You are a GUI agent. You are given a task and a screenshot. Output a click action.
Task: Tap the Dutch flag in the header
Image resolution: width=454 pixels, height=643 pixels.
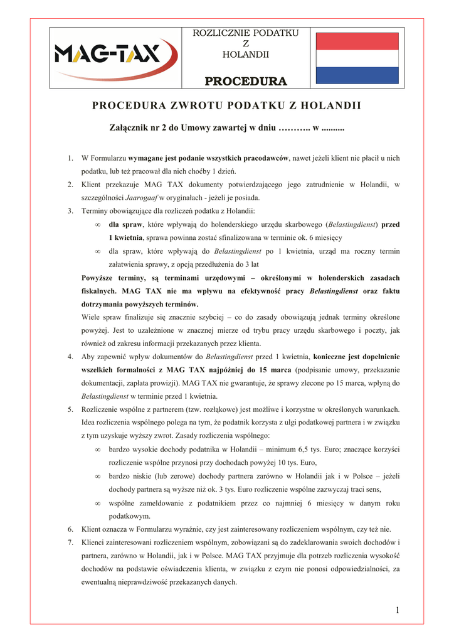357,57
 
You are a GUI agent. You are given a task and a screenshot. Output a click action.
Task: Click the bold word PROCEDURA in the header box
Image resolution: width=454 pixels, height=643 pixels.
245,82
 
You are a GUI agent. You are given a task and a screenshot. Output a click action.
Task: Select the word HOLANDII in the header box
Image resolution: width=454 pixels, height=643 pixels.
245,55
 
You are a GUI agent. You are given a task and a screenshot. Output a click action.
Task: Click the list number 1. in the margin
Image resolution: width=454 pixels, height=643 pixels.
71,158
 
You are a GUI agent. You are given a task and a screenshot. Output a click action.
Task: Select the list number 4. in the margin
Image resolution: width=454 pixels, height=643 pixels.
71,357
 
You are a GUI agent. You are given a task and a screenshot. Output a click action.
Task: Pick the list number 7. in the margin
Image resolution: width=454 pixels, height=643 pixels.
71,542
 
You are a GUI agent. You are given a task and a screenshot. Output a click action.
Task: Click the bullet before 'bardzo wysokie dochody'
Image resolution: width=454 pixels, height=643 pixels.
97,450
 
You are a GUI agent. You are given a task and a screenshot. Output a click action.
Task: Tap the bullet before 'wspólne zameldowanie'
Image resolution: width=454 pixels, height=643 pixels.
97,504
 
